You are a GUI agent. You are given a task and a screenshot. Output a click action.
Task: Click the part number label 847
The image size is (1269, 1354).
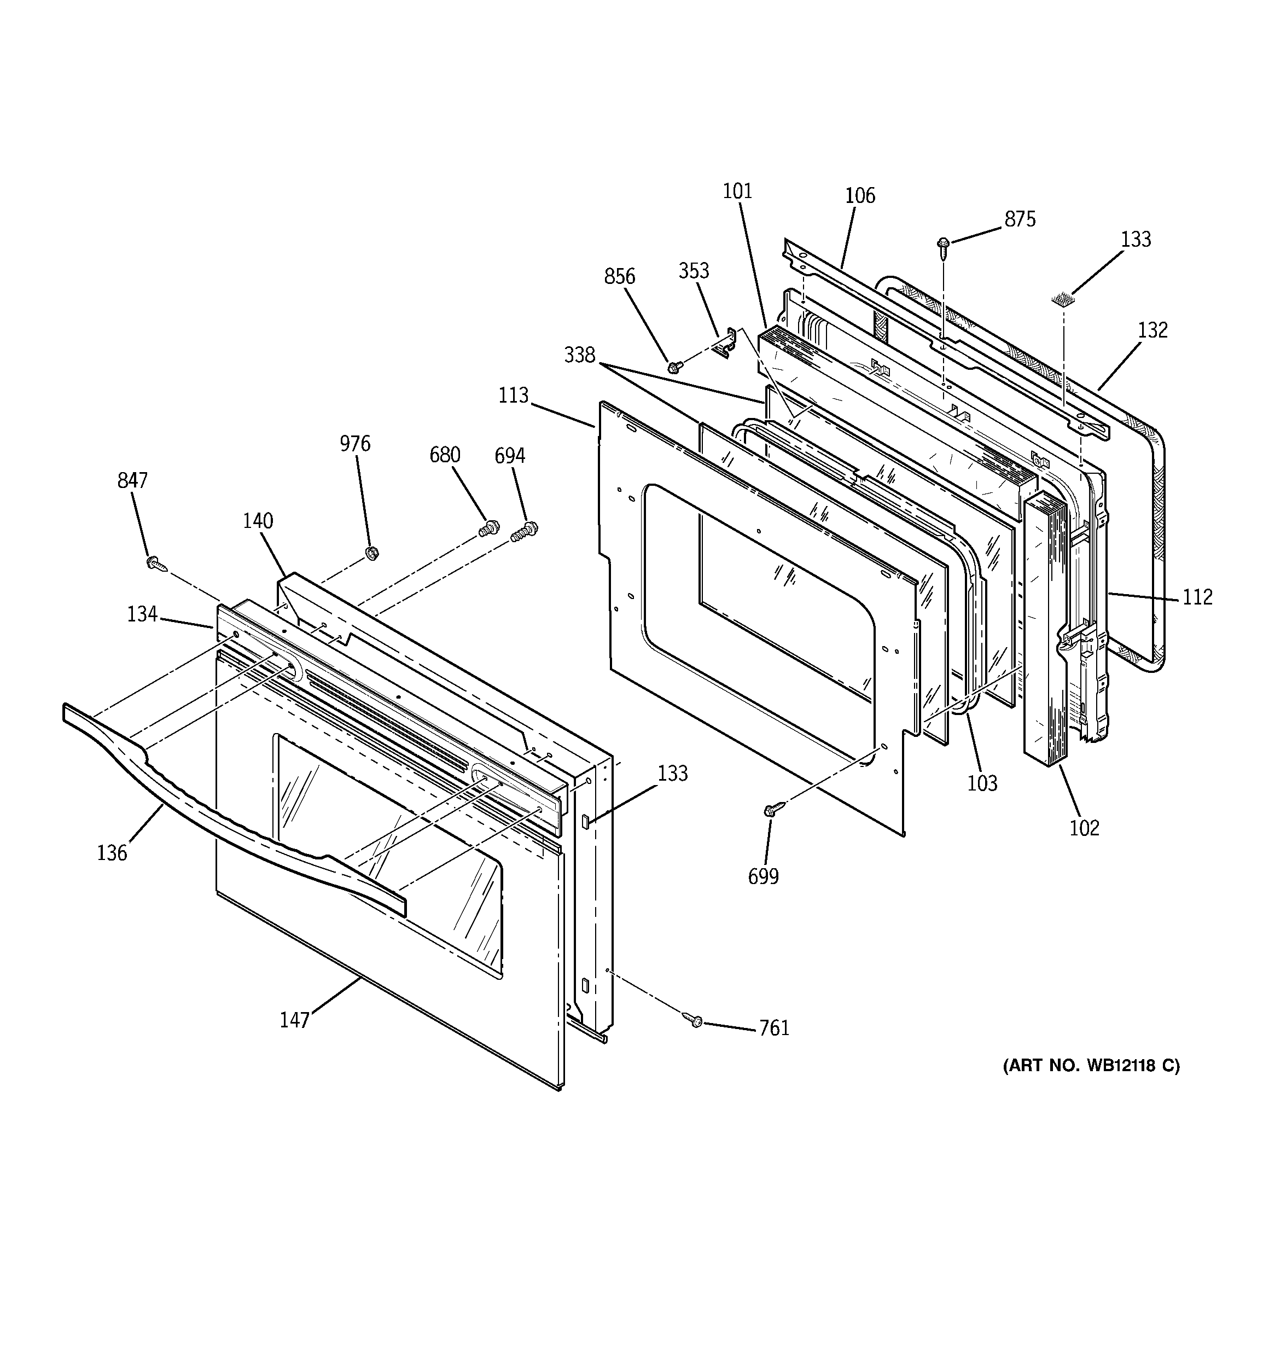point(132,481)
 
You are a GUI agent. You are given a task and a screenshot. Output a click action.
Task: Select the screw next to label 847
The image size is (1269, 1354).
point(155,562)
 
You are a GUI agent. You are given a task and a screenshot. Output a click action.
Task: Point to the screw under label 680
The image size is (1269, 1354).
point(488,528)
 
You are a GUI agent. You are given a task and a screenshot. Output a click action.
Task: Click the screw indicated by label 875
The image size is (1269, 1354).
point(944,247)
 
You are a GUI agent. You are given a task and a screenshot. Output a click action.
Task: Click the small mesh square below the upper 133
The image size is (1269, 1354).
point(1062,298)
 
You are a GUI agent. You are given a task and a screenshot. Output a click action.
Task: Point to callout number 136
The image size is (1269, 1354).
point(112,853)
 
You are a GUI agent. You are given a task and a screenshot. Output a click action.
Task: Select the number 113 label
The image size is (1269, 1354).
point(514,395)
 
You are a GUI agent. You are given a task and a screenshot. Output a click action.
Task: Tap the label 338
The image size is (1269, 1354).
point(580,355)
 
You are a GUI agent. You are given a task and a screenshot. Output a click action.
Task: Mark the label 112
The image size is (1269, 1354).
point(1197,597)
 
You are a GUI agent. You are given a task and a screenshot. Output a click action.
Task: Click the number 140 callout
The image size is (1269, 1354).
point(258,521)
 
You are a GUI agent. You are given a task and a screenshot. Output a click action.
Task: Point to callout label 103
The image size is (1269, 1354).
point(982,783)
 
